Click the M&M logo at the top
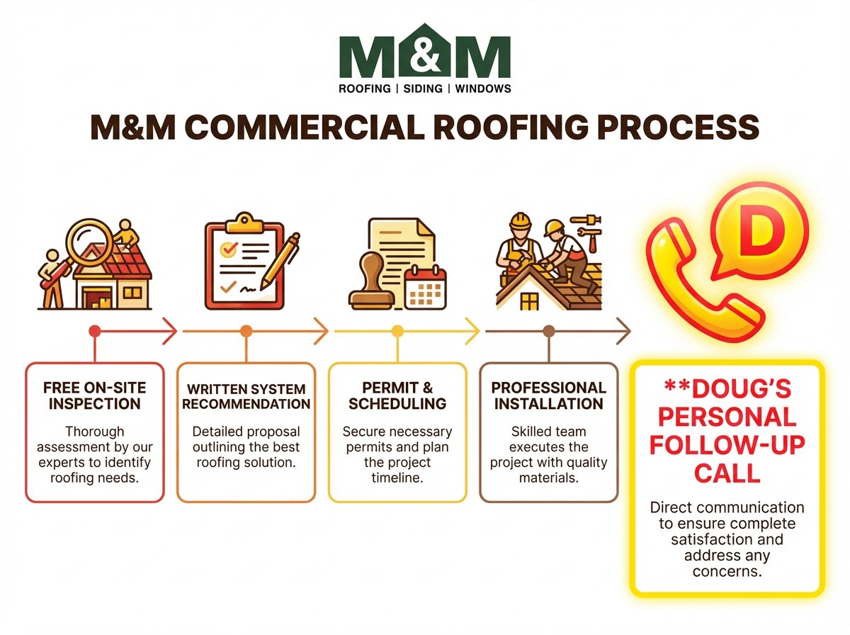coord(424,54)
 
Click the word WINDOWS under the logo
coord(482,89)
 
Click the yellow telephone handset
coord(701,283)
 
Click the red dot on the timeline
coord(95,331)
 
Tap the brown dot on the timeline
coord(548,331)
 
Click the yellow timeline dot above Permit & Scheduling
coord(397,331)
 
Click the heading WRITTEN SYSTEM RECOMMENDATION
coord(246,397)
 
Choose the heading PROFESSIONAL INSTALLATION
coord(549,396)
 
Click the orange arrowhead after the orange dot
coord(322,331)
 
